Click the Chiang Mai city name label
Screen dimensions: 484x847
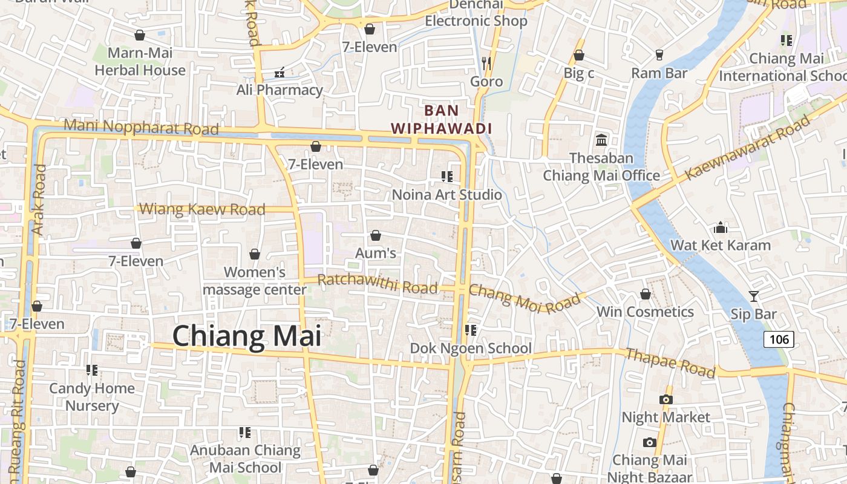tap(247, 336)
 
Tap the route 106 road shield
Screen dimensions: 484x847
tap(779, 339)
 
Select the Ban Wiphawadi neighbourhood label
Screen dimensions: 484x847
tap(441, 119)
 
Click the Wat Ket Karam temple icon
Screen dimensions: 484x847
tap(720, 227)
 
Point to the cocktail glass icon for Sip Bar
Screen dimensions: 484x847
tap(754, 296)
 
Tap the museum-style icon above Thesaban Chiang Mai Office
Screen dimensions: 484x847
tap(601, 140)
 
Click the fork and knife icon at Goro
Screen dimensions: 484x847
tap(486, 62)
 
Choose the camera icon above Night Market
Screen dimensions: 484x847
tap(665, 399)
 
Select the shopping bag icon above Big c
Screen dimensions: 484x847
tap(579, 55)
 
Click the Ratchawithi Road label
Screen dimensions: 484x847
tap(377, 283)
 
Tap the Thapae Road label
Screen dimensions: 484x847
tap(670, 362)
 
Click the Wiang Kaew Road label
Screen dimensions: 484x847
tap(202, 209)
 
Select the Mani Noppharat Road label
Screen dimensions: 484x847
tap(141, 127)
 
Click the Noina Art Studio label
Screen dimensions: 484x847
tap(447, 195)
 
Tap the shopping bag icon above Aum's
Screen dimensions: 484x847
tap(376, 235)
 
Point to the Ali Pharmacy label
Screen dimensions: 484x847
tap(280, 90)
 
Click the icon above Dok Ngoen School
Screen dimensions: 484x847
tap(471, 330)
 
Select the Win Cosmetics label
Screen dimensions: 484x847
tap(645, 312)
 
